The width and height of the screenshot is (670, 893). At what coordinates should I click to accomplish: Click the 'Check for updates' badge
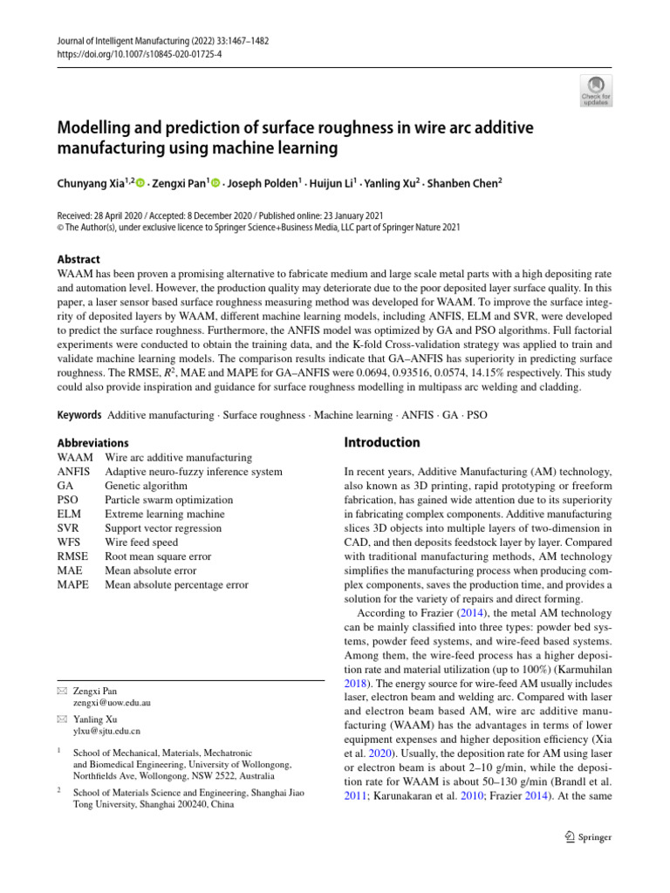(596, 89)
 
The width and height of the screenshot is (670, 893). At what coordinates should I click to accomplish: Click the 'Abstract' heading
(78, 259)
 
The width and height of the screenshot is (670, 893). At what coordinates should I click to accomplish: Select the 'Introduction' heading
(383, 442)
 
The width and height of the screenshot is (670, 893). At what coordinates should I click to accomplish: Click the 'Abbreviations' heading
(92, 443)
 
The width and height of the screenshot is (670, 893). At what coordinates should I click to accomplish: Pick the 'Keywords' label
(78, 415)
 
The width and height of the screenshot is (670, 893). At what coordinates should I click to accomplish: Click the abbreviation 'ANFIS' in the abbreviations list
(72, 472)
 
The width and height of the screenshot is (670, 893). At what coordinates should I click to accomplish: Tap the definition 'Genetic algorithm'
(146, 486)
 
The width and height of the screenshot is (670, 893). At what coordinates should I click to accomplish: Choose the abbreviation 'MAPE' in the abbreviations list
(72, 585)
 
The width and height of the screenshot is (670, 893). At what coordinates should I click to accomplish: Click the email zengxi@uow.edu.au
(112, 702)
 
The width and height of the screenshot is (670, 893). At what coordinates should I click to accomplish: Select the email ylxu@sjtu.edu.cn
(106, 731)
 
